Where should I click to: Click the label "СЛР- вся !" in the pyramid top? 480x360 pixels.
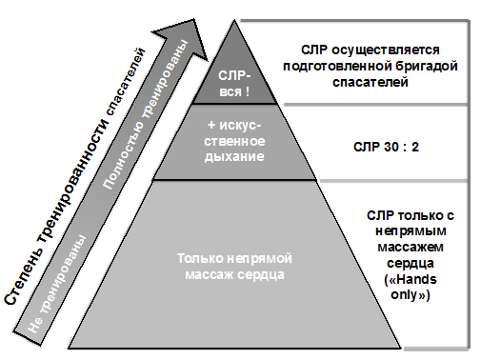click(x=234, y=84)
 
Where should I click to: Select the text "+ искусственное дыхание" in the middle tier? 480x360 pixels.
click(x=234, y=141)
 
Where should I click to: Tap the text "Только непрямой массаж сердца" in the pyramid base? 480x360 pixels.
click(x=234, y=267)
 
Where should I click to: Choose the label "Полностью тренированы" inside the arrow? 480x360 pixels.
click(x=146, y=115)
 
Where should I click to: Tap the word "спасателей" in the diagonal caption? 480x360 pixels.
click(x=126, y=81)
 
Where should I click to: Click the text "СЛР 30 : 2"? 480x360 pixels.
click(x=386, y=147)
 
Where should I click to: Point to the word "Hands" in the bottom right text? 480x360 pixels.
click(x=416, y=280)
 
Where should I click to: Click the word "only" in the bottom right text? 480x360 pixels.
click(x=404, y=295)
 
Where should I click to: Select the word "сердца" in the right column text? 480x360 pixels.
click(x=410, y=264)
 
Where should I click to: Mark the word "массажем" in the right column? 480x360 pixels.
click(x=410, y=248)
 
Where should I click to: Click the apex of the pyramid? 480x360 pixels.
click(x=234, y=20)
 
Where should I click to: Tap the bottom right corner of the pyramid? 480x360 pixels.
click(x=401, y=348)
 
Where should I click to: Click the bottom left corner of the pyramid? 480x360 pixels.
click(x=69, y=348)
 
